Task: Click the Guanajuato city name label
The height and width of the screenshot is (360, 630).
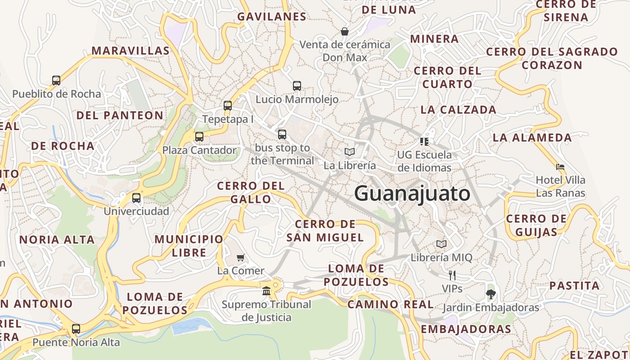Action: click(x=412, y=194)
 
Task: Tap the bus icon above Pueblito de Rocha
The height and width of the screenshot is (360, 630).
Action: click(x=56, y=81)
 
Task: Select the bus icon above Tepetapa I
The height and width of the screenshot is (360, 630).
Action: click(x=228, y=106)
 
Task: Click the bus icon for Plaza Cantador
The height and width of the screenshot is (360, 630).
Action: click(x=199, y=137)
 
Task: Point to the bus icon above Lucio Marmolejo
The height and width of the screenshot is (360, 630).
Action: click(x=297, y=85)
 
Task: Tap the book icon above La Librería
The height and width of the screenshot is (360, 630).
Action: click(x=350, y=152)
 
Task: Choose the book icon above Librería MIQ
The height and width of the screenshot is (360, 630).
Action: click(x=441, y=244)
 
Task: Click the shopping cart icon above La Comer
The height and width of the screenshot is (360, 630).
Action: click(x=241, y=257)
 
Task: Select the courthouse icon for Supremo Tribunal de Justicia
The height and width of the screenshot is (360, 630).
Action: click(x=266, y=291)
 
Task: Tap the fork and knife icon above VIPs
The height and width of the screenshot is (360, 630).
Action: click(x=452, y=275)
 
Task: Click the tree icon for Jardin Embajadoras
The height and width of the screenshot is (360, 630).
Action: click(x=490, y=294)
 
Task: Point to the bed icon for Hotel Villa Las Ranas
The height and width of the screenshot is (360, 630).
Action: click(x=560, y=167)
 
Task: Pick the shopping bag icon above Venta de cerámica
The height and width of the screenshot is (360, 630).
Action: click(x=345, y=31)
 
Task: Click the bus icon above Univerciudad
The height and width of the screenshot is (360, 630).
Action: click(x=136, y=198)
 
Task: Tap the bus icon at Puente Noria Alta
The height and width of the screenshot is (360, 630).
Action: click(x=76, y=329)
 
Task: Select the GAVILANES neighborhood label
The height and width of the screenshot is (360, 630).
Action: click(x=272, y=17)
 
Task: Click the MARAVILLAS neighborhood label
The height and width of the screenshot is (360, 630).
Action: click(x=130, y=50)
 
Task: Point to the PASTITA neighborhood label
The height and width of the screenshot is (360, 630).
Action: click(x=574, y=285)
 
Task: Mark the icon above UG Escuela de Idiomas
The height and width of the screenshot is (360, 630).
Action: click(x=424, y=141)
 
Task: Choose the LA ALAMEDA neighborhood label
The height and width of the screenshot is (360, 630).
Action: click(x=532, y=137)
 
